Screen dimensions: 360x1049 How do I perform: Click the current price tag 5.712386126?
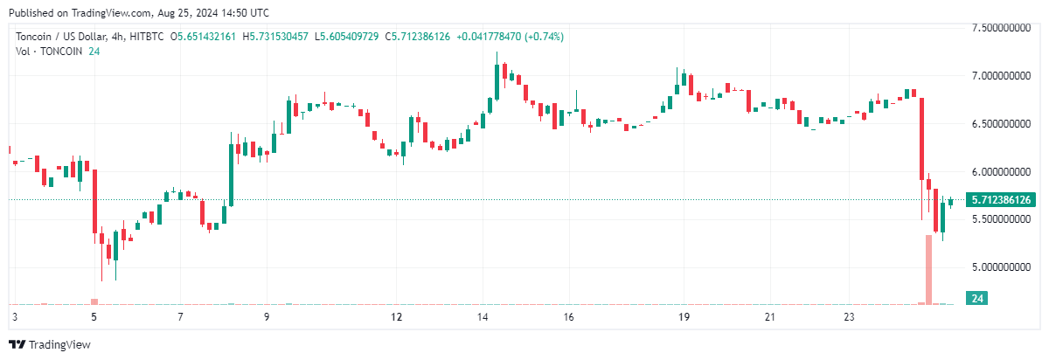pos(1002,200)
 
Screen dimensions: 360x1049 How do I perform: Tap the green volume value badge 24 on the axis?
pos(978,299)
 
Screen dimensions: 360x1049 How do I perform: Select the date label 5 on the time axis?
pos(94,316)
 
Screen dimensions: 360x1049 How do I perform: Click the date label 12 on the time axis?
pos(396,316)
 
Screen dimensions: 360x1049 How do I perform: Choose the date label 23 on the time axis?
pos(856,316)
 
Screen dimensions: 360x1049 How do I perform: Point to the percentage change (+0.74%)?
pos(542,37)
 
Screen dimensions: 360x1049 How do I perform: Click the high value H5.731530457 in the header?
pos(275,37)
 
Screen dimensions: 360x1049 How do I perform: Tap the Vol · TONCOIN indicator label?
pos(49,52)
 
